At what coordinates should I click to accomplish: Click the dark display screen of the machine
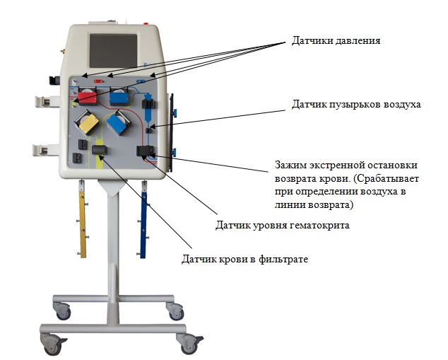114,51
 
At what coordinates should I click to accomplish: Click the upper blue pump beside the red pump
119,97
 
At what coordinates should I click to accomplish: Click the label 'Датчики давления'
336,40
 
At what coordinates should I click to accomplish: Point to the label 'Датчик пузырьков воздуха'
356,105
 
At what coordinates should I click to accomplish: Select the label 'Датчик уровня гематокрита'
282,226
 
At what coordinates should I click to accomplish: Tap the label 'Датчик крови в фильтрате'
245,260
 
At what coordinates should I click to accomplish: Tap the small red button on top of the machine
147,24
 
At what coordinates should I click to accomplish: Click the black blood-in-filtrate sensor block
99,150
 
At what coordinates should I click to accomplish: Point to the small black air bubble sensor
149,131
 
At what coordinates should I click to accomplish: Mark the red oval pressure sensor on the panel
98,81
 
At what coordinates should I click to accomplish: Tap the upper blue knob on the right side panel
175,113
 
